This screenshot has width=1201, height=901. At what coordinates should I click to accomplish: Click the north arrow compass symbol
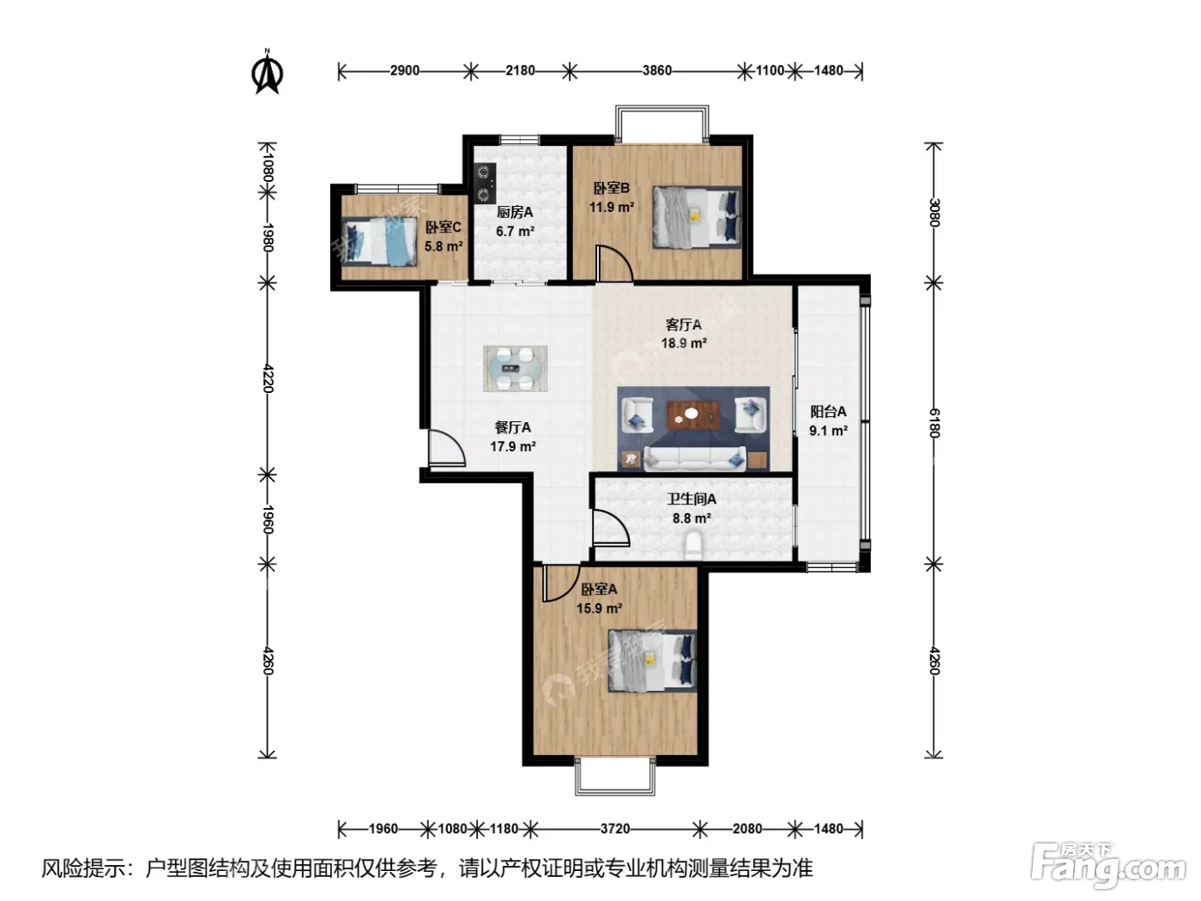[x=268, y=72]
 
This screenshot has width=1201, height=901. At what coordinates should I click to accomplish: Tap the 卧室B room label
[x=611, y=188]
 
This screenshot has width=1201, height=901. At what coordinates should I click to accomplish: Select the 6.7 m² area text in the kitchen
[x=515, y=232]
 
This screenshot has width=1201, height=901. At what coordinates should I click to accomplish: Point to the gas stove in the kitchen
[x=485, y=183]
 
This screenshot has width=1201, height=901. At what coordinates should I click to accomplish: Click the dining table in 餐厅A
[x=515, y=368]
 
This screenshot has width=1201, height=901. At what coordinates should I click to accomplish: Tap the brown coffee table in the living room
[x=692, y=414]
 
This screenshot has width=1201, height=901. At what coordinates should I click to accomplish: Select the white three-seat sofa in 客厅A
[x=695, y=458]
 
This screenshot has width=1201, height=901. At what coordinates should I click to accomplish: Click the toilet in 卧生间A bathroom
[x=693, y=546]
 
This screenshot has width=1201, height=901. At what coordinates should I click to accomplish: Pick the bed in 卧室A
[x=652, y=660]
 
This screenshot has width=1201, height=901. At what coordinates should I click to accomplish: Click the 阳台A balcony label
[x=828, y=411]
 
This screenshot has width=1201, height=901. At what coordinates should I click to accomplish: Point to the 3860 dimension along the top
[x=656, y=70]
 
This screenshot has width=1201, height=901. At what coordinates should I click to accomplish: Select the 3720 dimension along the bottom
[x=615, y=829]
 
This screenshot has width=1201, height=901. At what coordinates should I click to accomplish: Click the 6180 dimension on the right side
[x=934, y=423]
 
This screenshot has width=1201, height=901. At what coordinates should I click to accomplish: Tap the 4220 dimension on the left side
[x=268, y=378]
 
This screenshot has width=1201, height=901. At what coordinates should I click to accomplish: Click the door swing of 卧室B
[x=614, y=264]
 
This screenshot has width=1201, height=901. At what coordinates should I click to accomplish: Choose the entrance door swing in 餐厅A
[x=446, y=448]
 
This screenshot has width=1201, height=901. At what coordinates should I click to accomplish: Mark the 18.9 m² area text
[x=684, y=343]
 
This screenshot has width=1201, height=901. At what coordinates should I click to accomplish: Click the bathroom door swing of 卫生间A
[x=611, y=528]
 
